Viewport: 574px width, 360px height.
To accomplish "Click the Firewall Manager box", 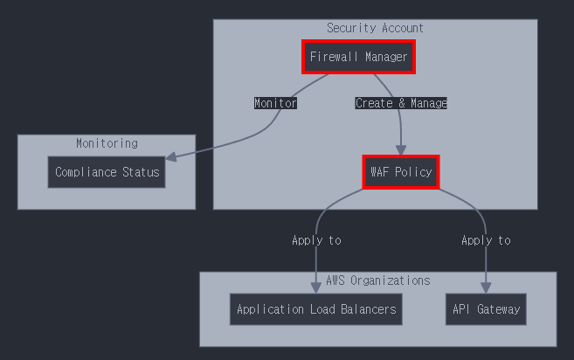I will pos(358,58).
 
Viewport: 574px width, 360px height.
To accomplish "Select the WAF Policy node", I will pos(400,172).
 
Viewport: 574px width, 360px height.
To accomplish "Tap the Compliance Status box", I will pos(107,172).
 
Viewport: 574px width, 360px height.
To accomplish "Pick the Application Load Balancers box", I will pos(316,309).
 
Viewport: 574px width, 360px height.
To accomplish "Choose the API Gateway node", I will pos(486,309).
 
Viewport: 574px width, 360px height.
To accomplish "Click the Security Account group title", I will pos(375,28).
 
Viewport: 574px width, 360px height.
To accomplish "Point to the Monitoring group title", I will pos(107,143).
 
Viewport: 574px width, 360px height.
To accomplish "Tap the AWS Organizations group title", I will pos(377,280).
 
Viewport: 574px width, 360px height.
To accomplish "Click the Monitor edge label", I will pos(275,103).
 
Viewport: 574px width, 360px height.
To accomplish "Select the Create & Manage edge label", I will pos(401,103).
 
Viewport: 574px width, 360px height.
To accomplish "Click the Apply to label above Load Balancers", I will pos(316,240).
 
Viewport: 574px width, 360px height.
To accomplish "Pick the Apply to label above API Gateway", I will pos(486,240).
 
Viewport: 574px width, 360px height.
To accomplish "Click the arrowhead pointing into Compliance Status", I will pos(171,157).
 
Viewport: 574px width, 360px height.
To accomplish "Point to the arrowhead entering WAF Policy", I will pos(401,149).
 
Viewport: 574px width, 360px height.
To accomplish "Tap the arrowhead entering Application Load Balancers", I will pos(316,287).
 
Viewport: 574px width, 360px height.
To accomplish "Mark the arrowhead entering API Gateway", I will pos(486,287).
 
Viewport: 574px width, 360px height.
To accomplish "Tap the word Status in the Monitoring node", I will pos(142,172).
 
